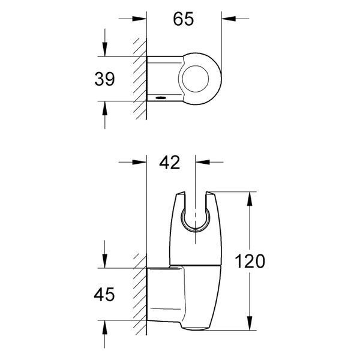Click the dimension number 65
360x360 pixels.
[184, 19]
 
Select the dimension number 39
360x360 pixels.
[104, 79]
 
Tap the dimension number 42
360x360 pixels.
[170, 163]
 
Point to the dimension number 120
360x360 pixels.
[250, 261]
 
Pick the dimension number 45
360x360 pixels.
[104, 295]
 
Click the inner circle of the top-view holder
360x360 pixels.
[196, 79]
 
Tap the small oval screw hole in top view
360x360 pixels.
[161, 98]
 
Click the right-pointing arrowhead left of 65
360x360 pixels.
[139, 19]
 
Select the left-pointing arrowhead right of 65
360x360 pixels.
[229, 19]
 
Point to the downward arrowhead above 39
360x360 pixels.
[105, 49]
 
